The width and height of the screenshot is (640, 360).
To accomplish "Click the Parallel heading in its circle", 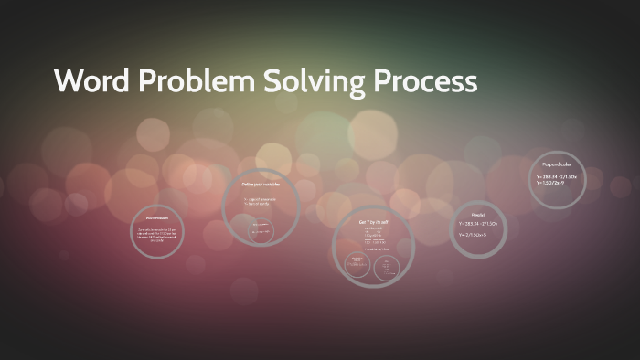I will [478, 213].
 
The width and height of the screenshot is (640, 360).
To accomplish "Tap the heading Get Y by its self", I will [374, 222].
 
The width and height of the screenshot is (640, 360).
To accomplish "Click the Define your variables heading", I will [261, 184].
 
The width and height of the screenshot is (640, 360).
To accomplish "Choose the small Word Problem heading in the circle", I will [157, 218].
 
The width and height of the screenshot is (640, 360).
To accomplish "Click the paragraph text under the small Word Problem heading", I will [157, 234].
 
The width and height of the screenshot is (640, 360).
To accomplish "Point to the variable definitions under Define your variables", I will [259, 201].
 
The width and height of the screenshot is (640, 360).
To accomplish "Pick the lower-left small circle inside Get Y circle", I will [357, 266].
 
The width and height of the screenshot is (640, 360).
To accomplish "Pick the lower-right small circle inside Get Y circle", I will [388, 267].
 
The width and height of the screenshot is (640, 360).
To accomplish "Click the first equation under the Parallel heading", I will [478, 222].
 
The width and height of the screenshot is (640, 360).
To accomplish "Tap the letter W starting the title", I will [69, 81].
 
